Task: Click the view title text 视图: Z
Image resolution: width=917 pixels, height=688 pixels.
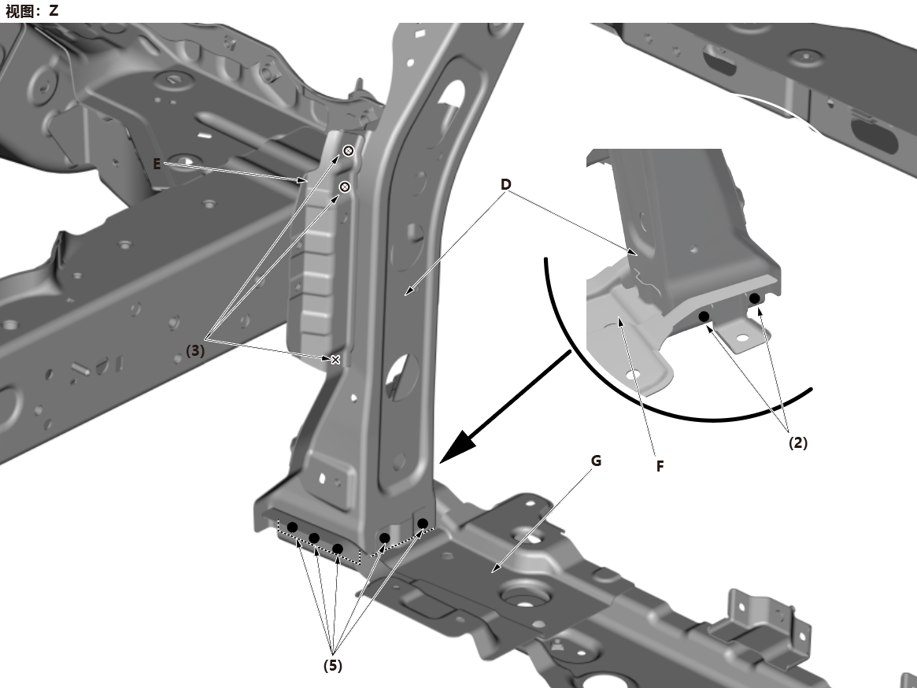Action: click(32, 10)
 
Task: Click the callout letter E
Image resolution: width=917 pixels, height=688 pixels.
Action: click(157, 164)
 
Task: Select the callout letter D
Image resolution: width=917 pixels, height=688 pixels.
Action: click(506, 184)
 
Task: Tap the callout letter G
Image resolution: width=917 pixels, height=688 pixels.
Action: click(596, 461)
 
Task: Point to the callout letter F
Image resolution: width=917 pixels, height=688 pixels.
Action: click(660, 466)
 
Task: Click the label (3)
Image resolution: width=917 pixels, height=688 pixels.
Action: click(195, 350)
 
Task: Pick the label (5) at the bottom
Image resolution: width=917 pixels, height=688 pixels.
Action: click(333, 665)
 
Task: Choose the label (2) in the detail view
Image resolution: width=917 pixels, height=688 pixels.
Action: click(798, 442)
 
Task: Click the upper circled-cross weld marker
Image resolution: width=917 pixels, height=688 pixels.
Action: click(349, 151)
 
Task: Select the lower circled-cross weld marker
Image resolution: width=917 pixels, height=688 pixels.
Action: click(345, 187)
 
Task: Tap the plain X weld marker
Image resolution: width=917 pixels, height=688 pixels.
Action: click(335, 359)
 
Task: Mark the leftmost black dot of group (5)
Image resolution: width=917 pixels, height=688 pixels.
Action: click(292, 527)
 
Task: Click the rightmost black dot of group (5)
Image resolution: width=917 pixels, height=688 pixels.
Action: click(423, 523)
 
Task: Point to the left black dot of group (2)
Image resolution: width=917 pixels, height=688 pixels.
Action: click(704, 316)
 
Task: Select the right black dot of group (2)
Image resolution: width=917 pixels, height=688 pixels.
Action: click(755, 298)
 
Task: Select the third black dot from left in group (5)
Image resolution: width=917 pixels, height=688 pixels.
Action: click(338, 549)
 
